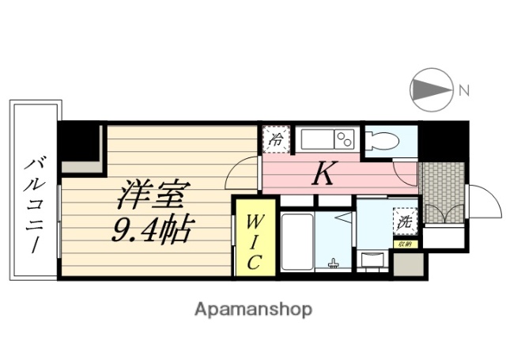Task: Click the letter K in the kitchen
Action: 322,173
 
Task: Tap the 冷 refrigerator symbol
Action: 275,138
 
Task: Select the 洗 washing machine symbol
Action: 404,222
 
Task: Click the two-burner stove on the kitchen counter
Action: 345,139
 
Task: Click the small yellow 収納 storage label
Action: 404,245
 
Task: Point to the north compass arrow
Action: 432,89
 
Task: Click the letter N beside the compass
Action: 464,90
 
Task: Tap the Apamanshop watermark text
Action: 254,309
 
